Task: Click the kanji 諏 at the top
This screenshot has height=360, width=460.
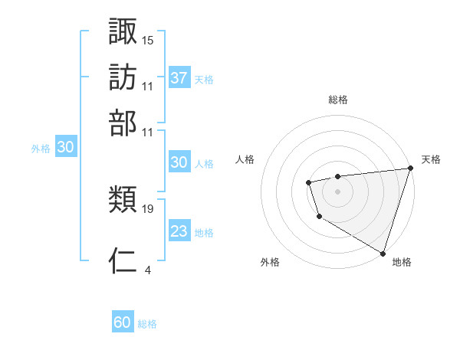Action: (123, 31)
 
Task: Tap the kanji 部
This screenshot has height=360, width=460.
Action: (123, 123)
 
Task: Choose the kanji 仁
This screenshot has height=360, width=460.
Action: (123, 260)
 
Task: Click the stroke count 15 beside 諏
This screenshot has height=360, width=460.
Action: (148, 40)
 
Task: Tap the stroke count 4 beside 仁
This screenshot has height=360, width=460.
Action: (147, 270)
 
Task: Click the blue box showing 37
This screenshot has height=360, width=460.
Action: (179, 78)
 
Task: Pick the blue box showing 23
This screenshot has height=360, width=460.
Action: (179, 231)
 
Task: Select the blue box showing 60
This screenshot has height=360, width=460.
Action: (123, 322)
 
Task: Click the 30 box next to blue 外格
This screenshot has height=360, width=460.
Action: (66, 148)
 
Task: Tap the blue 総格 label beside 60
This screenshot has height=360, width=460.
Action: (147, 324)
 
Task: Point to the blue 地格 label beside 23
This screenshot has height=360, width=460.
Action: (204, 233)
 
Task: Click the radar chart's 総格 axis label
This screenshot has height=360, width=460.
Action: (338, 100)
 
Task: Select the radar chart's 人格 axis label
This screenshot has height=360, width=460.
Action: (245, 159)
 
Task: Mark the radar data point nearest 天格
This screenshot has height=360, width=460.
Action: (409, 169)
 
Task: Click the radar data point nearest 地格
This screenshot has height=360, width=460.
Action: (383, 252)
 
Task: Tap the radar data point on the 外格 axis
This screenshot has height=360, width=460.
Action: (319, 217)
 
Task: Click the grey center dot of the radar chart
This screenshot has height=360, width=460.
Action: (337, 191)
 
